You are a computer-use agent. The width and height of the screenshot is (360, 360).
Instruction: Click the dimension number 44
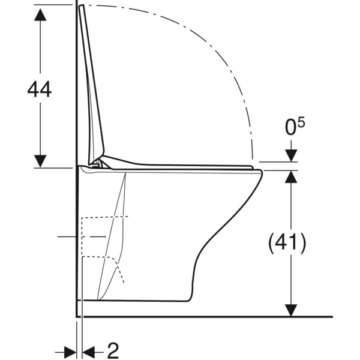point(39,89)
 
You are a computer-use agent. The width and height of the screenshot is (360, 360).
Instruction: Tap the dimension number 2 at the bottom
point(113,351)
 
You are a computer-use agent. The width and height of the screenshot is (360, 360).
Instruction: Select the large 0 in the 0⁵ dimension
point(290,127)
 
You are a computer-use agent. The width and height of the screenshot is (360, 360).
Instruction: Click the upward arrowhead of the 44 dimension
point(40,14)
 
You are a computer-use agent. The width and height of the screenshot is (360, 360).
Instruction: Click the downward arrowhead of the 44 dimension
point(40,161)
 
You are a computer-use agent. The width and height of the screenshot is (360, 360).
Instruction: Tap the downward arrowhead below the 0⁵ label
point(291,155)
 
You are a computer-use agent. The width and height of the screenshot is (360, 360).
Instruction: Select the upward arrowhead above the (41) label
point(291,177)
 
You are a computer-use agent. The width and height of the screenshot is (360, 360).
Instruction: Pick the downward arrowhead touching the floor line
point(291,310)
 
